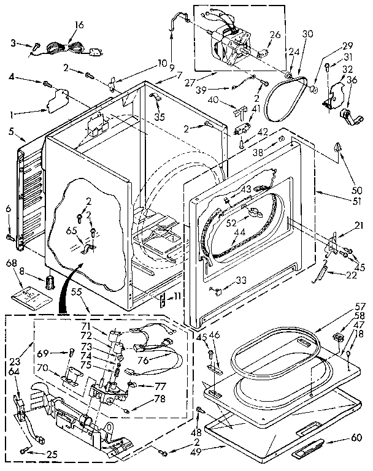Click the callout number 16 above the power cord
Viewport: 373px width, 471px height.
pos(79,25)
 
